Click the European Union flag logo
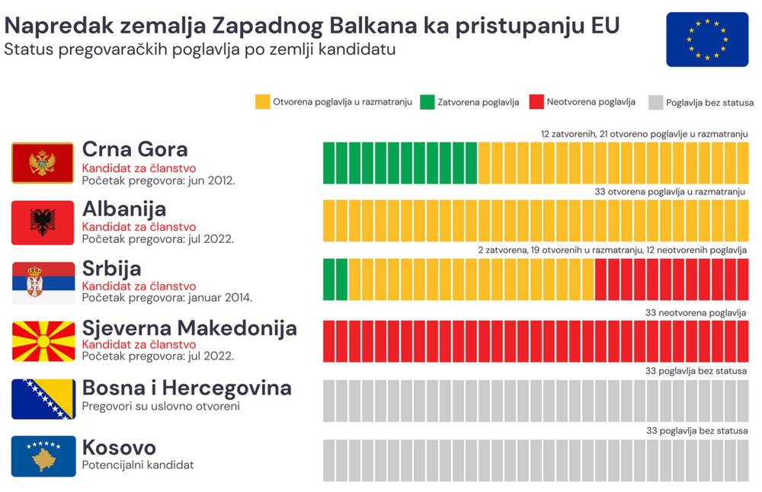[x=706, y=40]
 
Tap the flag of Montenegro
[x=43, y=163]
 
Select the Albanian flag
[x=43, y=222]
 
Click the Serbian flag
[x=43, y=283]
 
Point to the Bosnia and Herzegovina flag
[x=43, y=399]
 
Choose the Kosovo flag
[x=43, y=456]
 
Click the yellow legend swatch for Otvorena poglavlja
[x=262, y=102]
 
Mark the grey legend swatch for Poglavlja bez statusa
[x=655, y=102]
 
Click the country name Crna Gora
[x=135, y=149]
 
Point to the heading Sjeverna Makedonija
[x=189, y=328]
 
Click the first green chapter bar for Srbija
[x=329, y=280]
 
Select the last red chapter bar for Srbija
[x=742, y=280]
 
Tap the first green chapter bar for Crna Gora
[x=329, y=162]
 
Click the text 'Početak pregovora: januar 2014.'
[x=167, y=298]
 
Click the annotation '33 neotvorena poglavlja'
[x=695, y=313]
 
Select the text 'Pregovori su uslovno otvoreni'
[x=161, y=406]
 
